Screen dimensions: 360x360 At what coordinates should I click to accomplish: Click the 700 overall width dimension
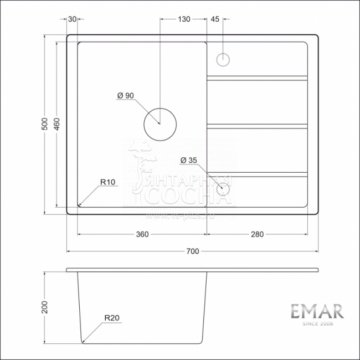[x=192, y=251]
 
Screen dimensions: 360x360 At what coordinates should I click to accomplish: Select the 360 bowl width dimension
[x=142, y=234]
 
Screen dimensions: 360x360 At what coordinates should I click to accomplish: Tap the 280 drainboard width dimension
[x=256, y=234]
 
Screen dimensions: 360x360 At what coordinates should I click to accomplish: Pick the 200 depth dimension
[x=46, y=306]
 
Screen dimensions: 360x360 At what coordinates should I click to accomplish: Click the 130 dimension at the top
[x=184, y=19]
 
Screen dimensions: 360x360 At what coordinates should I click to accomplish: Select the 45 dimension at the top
[x=215, y=19]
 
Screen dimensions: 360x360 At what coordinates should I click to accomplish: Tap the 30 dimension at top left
[x=73, y=19]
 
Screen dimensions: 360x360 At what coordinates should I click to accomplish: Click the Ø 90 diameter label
[x=126, y=95]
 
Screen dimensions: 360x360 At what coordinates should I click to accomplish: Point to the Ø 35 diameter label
[x=189, y=161]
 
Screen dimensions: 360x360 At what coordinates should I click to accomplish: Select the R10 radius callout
[x=107, y=182]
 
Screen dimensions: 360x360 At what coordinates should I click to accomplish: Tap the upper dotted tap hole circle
[x=223, y=59]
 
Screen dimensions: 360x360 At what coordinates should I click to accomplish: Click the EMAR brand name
[x=317, y=311]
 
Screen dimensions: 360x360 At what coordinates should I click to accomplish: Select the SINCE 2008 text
[x=317, y=324]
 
